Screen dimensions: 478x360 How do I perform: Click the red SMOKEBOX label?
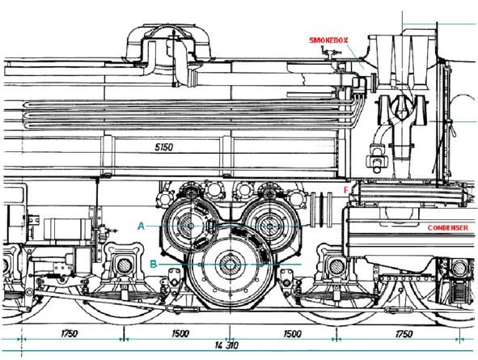pos(328,40)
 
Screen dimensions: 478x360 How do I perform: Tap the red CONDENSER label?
pos(447,227)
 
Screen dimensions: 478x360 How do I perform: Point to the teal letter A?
pos(141,227)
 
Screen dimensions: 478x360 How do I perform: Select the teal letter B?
pos(154,264)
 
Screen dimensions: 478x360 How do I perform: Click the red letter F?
pos(345,190)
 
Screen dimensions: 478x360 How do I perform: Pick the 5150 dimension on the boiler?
pos(164,147)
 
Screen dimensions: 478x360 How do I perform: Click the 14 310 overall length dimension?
pos(226,345)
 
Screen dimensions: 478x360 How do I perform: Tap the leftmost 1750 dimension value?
pos(70,333)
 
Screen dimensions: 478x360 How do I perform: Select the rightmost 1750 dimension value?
pos(404,334)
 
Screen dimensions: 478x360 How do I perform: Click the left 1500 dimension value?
pos(180,334)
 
